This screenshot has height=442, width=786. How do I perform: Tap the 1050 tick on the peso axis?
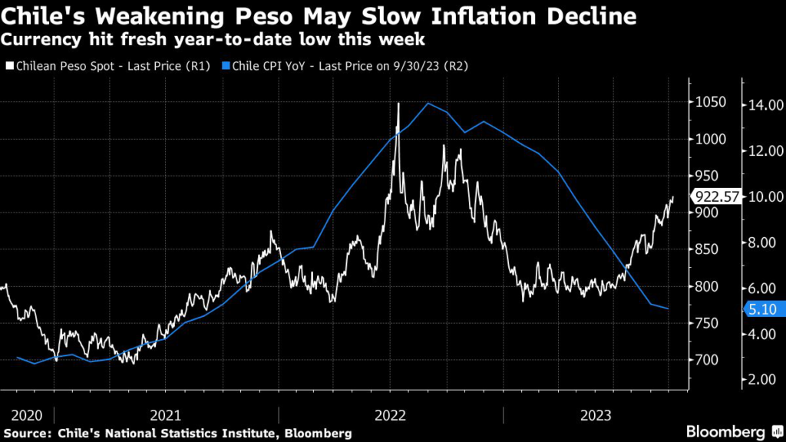click(711, 102)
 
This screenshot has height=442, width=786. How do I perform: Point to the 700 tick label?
click(707, 360)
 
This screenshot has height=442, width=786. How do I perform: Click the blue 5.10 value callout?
click(761, 310)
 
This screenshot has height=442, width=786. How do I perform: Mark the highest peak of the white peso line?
click(398, 103)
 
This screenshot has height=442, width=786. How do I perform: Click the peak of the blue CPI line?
click(428, 103)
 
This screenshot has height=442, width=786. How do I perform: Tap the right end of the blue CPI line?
click(669, 308)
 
